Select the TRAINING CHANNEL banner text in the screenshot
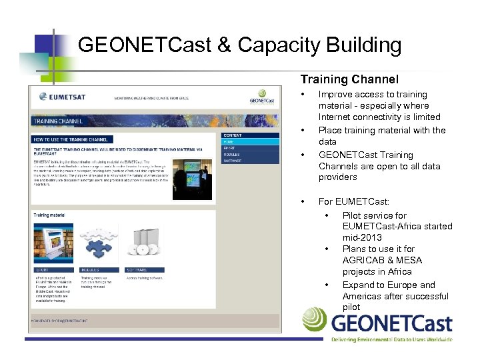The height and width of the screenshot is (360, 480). point(57,122)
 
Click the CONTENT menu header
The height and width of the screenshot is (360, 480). point(233,135)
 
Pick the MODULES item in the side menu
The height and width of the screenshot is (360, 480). point(233,154)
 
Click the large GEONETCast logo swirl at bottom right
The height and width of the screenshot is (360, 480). point(314,319)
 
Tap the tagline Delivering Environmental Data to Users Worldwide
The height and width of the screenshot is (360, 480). point(391,339)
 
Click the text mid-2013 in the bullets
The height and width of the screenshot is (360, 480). point(363,237)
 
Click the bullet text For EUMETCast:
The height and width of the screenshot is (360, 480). point(353,201)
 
